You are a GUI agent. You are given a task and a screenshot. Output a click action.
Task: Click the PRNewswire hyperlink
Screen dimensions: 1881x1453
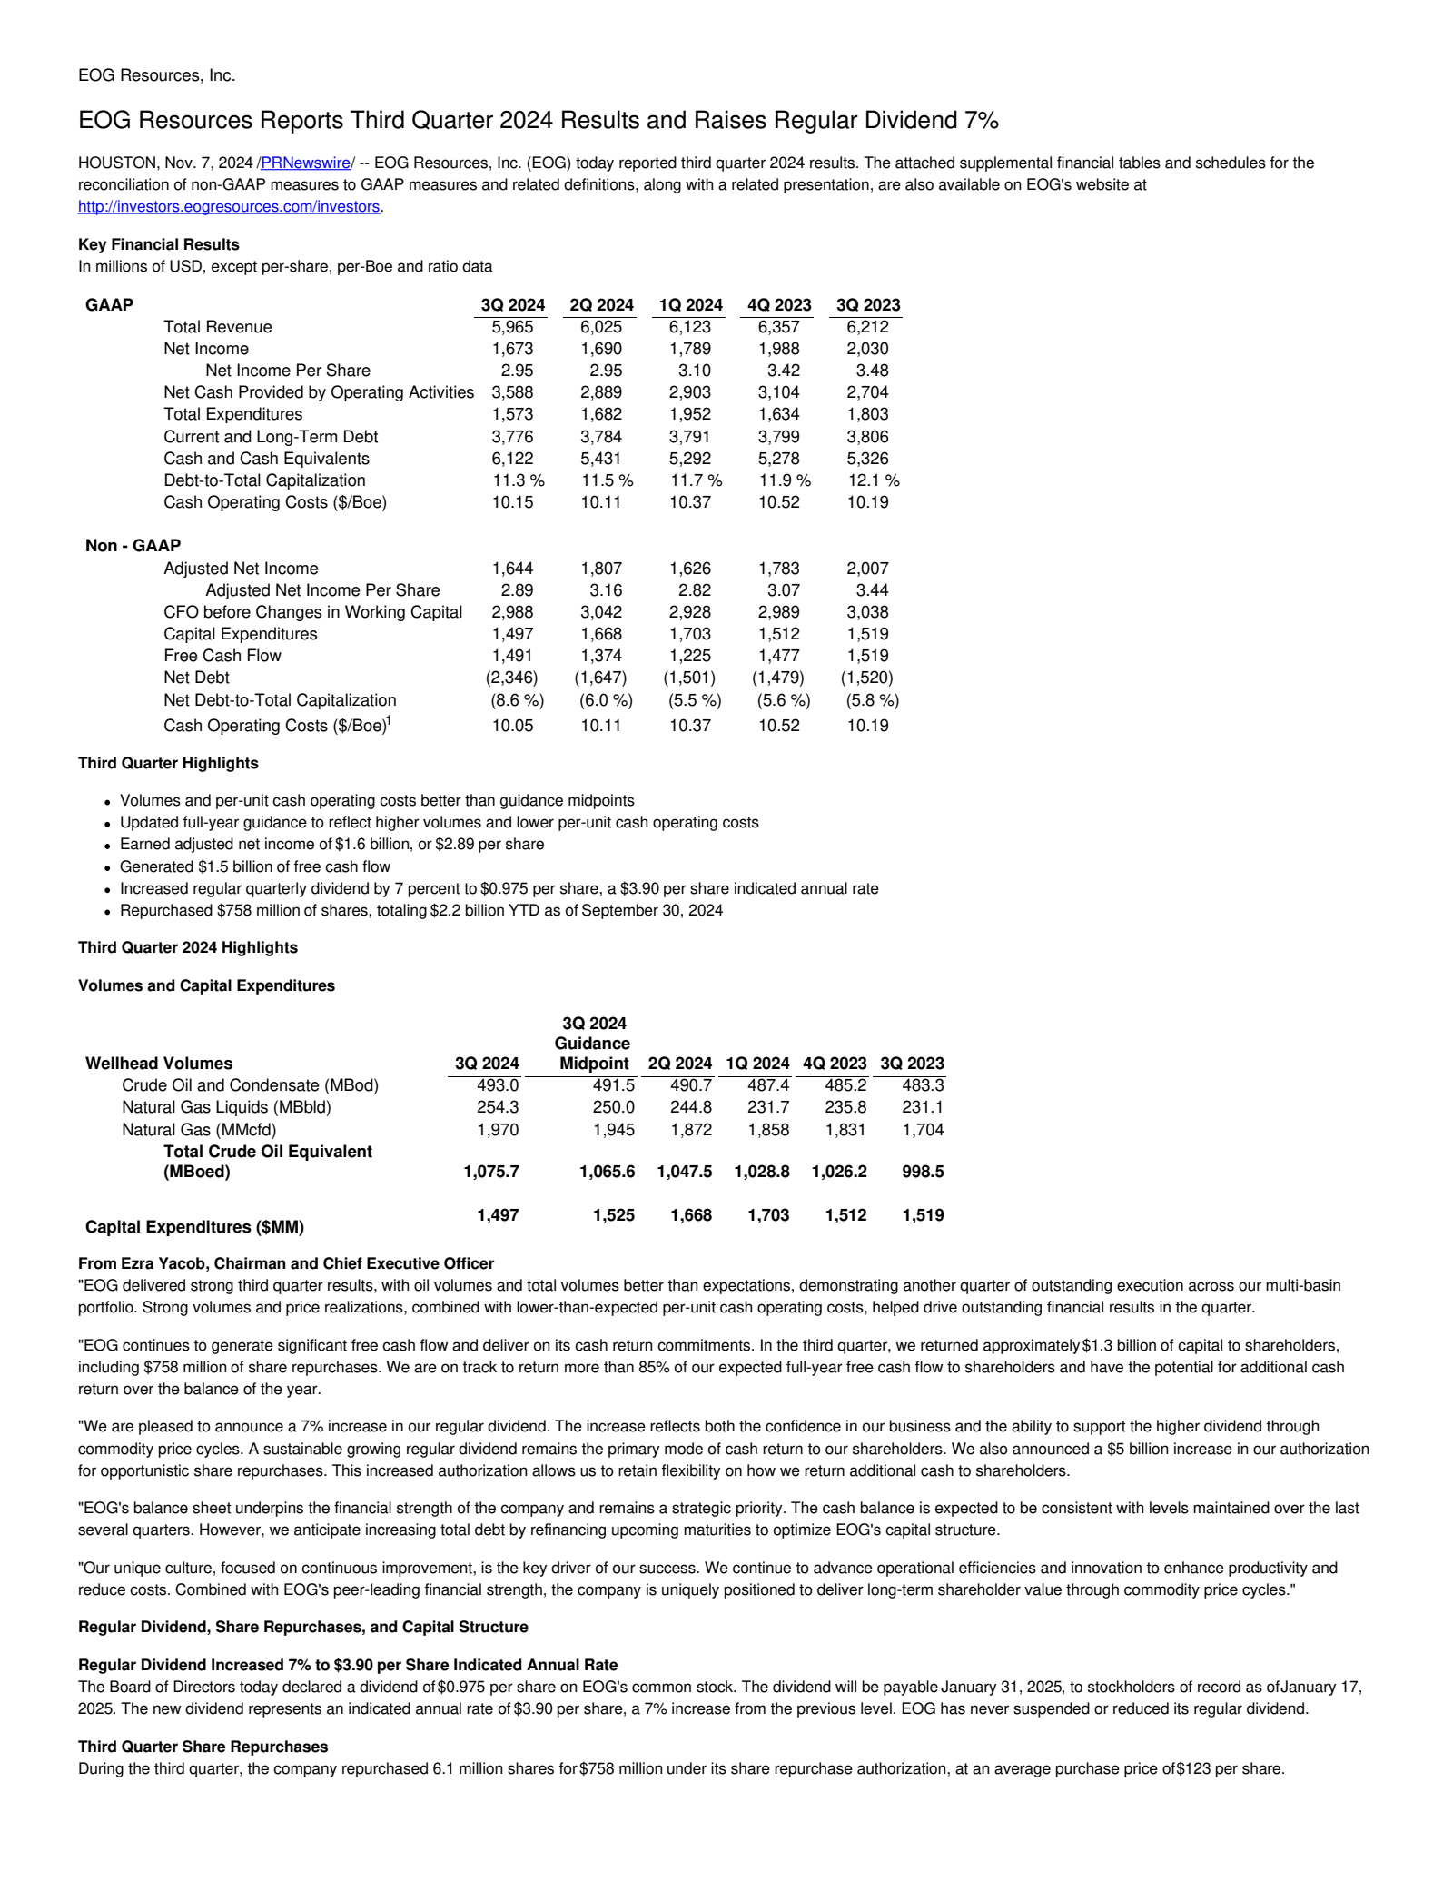[x=305, y=163]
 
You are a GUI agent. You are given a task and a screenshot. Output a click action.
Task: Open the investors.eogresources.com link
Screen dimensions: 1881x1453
[x=229, y=207]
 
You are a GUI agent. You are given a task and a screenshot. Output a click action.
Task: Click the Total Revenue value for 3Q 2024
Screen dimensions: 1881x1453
[x=512, y=327]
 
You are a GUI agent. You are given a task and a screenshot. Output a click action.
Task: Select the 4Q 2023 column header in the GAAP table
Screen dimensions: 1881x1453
[x=778, y=305]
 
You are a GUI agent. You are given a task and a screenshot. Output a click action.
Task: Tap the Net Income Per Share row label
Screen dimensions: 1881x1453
[x=287, y=371]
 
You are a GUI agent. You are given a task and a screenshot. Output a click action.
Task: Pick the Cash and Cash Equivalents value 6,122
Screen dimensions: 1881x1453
[x=512, y=459]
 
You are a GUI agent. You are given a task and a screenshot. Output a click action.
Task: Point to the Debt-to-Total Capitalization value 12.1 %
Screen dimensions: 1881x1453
[x=867, y=480]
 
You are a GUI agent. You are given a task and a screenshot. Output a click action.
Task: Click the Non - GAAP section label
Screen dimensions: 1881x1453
[x=133, y=546]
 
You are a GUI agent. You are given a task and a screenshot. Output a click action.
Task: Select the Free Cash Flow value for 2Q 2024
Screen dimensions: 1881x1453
[x=601, y=656]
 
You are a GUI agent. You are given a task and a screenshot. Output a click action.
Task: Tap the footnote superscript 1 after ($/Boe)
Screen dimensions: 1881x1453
[x=389, y=720]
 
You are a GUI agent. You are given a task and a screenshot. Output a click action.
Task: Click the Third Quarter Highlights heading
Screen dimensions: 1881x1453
[x=168, y=764]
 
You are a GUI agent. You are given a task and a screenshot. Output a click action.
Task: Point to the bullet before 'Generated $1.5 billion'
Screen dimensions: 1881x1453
[x=107, y=868]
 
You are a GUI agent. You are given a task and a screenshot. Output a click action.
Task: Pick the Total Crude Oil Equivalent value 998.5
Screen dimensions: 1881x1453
[x=923, y=1172]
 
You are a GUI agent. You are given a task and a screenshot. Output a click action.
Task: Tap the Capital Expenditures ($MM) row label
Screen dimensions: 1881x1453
[x=194, y=1227]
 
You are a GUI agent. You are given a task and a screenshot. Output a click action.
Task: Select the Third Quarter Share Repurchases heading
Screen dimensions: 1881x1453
[x=203, y=1747]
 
